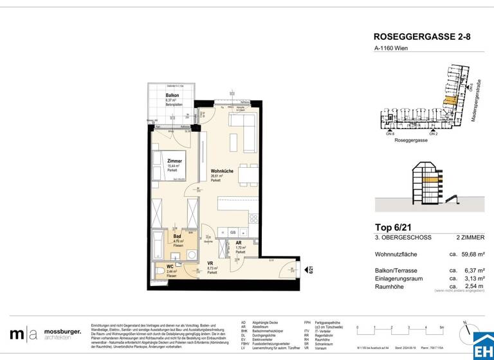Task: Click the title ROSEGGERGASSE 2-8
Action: pos(422,38)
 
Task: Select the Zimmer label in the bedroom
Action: pos(174,161)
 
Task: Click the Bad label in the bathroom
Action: pos(177,236)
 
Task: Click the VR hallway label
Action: pos(210,263)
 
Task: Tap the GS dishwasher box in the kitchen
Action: pos(233,232)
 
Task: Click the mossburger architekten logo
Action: pos(45,334)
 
